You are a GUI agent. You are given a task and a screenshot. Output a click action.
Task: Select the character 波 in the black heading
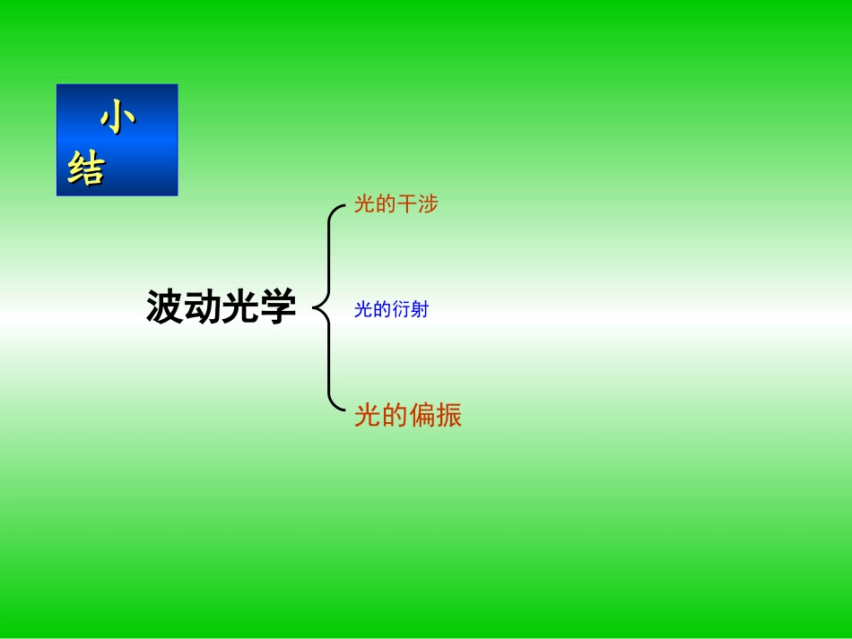coord(165,308)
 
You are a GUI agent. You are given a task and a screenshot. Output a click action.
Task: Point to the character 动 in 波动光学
coord(203,308)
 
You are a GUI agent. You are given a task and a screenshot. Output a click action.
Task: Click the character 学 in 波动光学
coord(278,308)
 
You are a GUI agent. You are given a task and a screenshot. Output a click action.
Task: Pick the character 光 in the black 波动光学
coord(240,308)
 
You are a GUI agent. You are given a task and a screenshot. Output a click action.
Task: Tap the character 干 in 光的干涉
coord(407,205)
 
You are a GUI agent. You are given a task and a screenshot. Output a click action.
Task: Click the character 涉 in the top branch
coord(429,205)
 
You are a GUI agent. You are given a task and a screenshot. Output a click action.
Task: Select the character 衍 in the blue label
coord(400,311)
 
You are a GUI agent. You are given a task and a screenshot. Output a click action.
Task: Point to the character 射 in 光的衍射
coord(420,311)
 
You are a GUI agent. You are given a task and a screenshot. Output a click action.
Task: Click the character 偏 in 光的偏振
coord(422,416)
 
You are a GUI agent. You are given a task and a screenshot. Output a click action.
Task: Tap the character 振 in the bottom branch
coord(449,416)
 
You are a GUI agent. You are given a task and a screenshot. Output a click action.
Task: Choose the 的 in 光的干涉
coord(386,205)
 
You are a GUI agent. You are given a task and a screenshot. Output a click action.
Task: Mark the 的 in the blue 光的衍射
coord(381,311)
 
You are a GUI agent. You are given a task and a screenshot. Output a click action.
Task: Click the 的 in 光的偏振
coord(395,416)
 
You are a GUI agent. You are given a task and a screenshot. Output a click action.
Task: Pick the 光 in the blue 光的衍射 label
coord(363,311)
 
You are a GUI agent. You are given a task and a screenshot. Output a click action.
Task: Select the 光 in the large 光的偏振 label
coord(368,416)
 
